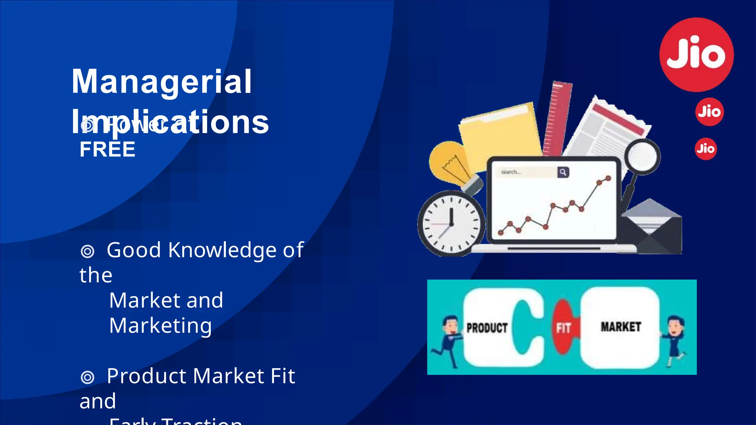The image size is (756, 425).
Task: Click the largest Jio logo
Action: [x=697, y=55]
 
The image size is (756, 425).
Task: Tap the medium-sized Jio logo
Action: [x=709, y=112]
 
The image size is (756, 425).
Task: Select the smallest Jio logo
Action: [x=706, y=149]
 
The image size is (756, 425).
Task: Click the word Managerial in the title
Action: [x=162, y=82]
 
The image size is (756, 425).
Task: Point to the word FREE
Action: [x=107, y=149]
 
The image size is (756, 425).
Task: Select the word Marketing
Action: [x=161, y=326]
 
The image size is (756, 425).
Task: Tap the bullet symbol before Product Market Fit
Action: [x=87, y=377]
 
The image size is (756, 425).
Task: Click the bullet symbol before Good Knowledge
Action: [x=87, y=251]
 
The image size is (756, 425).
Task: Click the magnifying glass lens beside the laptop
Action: [x=642, y=156]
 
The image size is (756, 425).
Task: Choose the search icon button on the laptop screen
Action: [x=563, y=172]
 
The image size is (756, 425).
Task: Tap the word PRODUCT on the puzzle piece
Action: [x=487, y=328]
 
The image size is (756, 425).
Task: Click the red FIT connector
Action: [x=563, y=327]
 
